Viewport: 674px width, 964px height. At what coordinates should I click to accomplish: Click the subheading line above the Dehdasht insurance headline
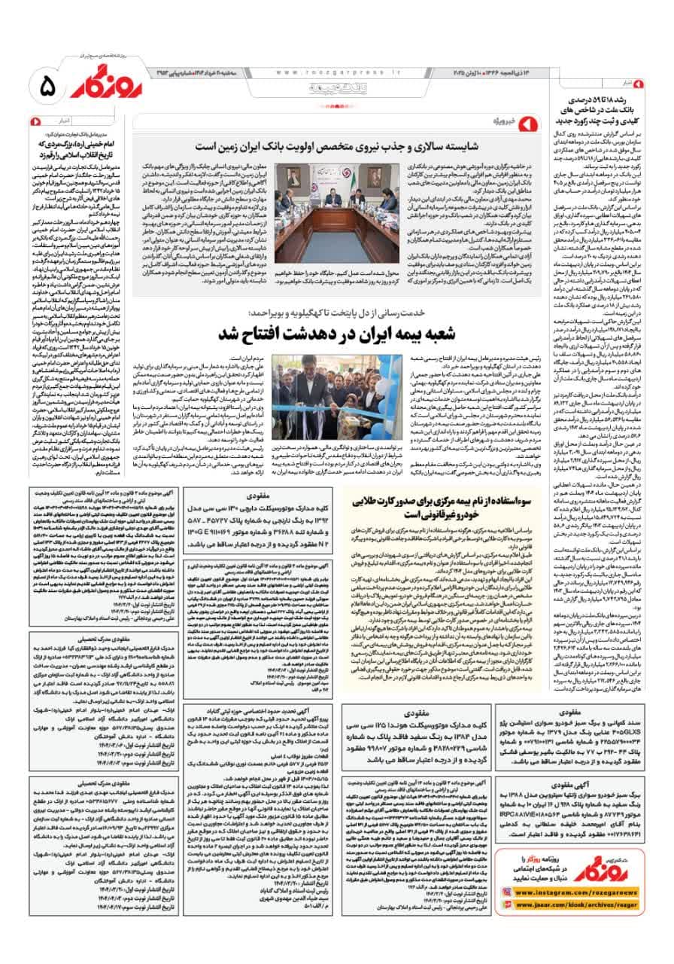[339, 312]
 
